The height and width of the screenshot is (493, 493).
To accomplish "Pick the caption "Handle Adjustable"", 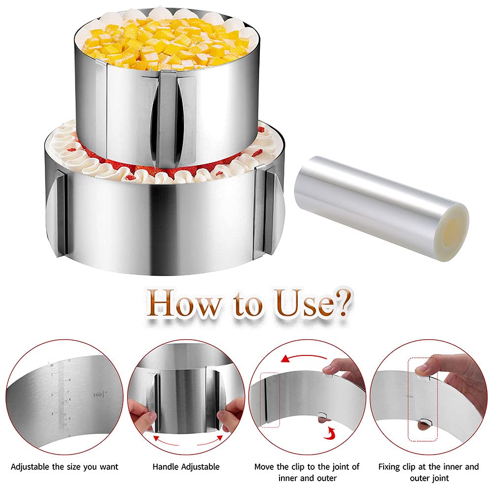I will pyautogui.click(x=186, y=466).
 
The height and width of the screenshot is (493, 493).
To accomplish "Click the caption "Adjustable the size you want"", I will pyautogui.click(x=65, y=466).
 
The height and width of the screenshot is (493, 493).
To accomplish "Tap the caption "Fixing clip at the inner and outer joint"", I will pyautogui.click(x=428, y=471).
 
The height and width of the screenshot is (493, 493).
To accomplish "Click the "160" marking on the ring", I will pyautogui.click(x=97, y=394).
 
